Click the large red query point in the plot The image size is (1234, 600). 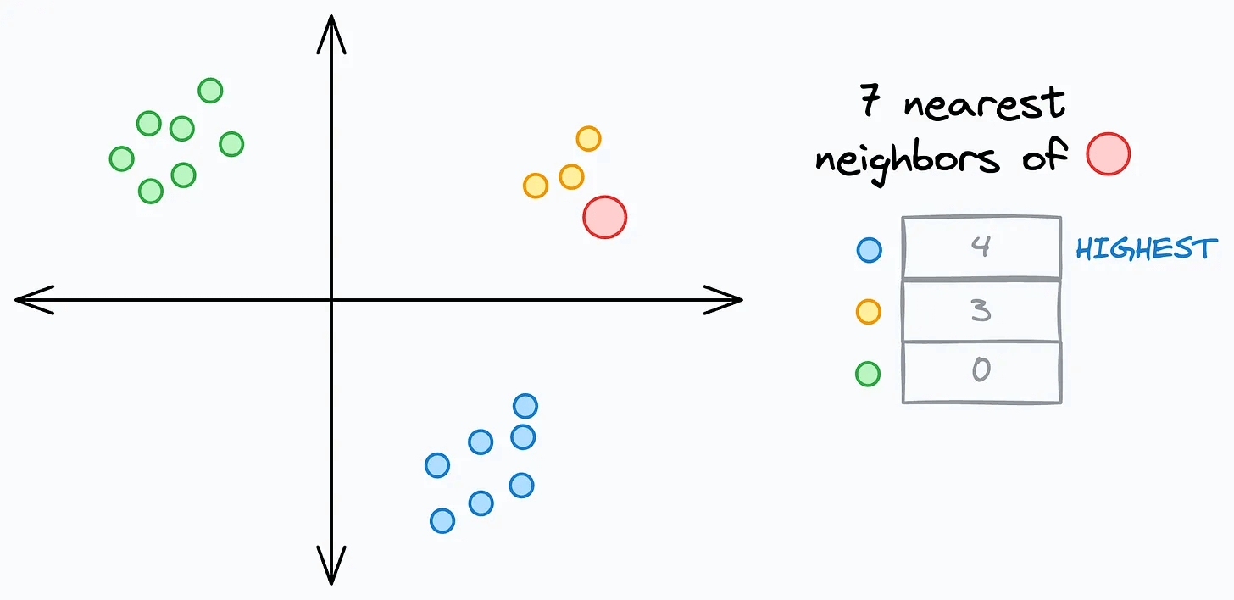click(604, 217)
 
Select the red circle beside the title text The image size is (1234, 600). click(1108, 153)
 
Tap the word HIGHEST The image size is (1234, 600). click(1146, 249)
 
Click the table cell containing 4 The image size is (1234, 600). click(981, 248)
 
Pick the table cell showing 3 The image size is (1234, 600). click(981, 310)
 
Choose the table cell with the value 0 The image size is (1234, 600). click(981, 371)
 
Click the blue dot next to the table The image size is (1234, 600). click(869, 249)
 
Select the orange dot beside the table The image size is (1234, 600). click(869, 312)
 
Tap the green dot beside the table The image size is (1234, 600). click(868, 374)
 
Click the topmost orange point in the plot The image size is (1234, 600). click(588, 138)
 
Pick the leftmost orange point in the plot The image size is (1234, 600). click(536, 186)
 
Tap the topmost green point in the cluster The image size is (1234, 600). click(210, 90)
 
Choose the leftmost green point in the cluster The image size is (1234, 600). click(122, 158)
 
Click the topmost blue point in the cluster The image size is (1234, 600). click(525, 406)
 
